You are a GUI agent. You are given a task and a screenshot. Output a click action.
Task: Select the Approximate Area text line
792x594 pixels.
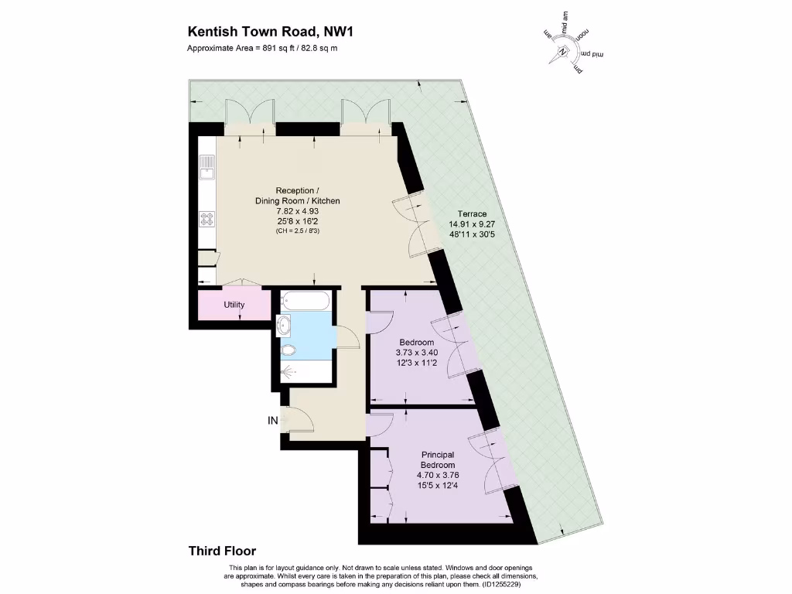coord(263,48)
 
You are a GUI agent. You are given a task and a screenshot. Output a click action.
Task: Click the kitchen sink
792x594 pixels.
coord(207,166)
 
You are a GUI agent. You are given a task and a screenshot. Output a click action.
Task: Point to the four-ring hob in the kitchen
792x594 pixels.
coord(207,219)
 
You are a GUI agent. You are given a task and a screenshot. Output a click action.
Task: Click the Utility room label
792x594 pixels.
coord(234,305)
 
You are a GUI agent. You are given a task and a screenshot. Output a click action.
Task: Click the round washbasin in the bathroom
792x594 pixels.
coord(284,323)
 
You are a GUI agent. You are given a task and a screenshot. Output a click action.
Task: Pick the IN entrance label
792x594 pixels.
coord(272,421)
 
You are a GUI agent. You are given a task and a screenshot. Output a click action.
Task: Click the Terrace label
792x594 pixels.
coord(472,214)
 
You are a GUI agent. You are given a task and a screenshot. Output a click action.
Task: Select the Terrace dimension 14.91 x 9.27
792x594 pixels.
coord(472,224)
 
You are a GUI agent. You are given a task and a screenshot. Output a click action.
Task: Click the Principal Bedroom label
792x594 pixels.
coord(438,459)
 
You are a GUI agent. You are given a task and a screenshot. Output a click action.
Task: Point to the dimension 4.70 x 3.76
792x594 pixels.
coord(438,475)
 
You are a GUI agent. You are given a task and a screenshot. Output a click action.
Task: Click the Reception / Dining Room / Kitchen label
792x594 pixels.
coord(298,196)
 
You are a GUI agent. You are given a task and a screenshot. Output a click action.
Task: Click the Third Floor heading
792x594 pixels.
coord(222,551)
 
